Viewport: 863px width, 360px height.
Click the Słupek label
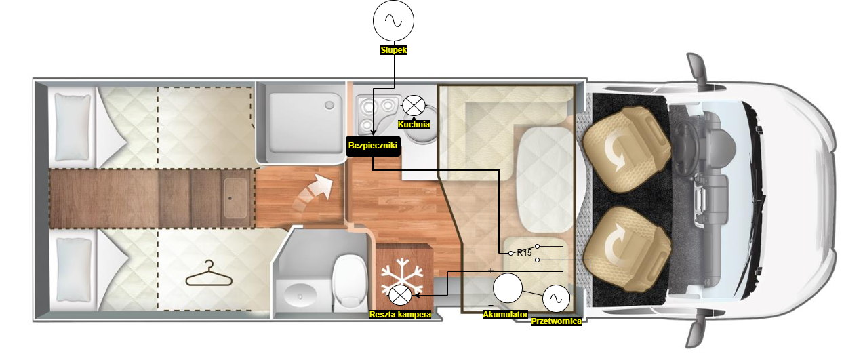point(393,50)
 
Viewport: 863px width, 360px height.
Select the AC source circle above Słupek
point(393,20)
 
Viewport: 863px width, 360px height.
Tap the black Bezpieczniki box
point(373,146)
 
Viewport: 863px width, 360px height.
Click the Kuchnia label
point(414,125)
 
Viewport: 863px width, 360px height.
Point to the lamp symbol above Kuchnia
point(414,105)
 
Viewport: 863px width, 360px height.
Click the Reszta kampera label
point(400,315)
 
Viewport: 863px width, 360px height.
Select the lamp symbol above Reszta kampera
point(401,296)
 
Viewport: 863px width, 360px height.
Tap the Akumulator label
point(506,315)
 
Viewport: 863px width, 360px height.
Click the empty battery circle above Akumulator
point(507,288)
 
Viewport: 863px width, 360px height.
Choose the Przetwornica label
point(556,321)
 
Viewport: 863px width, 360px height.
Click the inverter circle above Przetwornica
point(556,298)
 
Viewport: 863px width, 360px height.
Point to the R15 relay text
point(524,253)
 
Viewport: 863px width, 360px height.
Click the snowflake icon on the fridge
point(402,276)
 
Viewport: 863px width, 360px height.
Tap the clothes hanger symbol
point(209,273)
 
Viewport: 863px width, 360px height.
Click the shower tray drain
point(329,105)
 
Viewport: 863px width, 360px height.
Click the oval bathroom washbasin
point(300,296)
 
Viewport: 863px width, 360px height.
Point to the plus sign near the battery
point(491,271)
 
